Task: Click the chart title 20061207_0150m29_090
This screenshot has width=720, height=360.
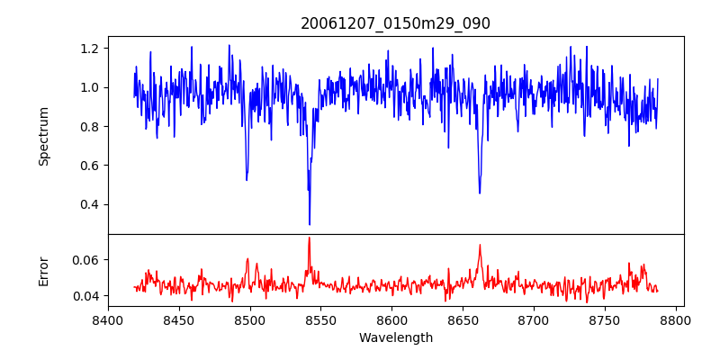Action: point(395,23)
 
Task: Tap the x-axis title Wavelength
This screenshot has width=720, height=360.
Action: point(395,337)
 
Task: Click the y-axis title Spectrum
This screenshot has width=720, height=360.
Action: point(43,135)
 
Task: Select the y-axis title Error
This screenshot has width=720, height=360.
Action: point(43,270)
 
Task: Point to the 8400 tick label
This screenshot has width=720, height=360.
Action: point(108,319)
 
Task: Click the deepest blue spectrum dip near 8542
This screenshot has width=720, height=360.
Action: point(310,224)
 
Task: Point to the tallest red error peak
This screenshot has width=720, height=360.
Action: point(309,238)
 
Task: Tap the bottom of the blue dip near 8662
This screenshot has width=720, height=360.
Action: point(480,193)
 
